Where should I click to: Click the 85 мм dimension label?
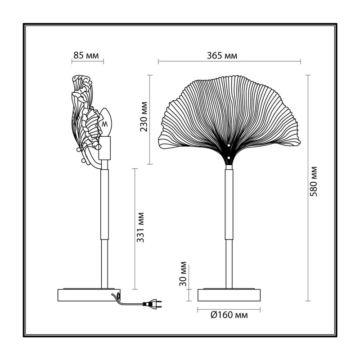pyautogui.click(x=86, y=55)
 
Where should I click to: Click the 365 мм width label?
pyautogui.click(x=222, y=55)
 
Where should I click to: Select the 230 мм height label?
pyautogui.click(x=144, y=117)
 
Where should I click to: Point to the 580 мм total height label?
pyautogui.click(x=313, y=181)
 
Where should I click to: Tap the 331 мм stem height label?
pyautogui.click(x=140, y=227)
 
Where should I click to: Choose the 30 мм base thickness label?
pyautogui.click(x=183, y=274)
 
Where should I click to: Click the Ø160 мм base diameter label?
pyautogui.click(x=229, y=315)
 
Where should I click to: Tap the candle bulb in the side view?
pyautogui.click(x=105, y=122)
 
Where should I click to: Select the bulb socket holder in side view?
pyautogui.click(x=105, y=148)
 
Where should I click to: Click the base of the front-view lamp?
pyautogui.click(x=229, y=295)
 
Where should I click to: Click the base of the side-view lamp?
pyautogui.click(x=89, y=295)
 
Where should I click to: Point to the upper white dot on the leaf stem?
pyautogui.click(x=229, y=145)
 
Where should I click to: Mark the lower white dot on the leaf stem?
pyautogui.click(x=229, y=158)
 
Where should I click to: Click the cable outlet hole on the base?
pyautogui.click(x=118, y=296)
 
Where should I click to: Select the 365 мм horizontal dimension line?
pyautogui.click(x=229, y=61)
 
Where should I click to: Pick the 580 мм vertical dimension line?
pyautogui.click(x=308, y=188)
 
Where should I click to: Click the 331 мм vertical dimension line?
pyautogui.click(x=135, y=229)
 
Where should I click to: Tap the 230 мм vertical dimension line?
pyautogui.click(x=150, y=120)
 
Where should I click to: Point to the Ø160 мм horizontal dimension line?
pyautogui.click(x=229, y=310)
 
